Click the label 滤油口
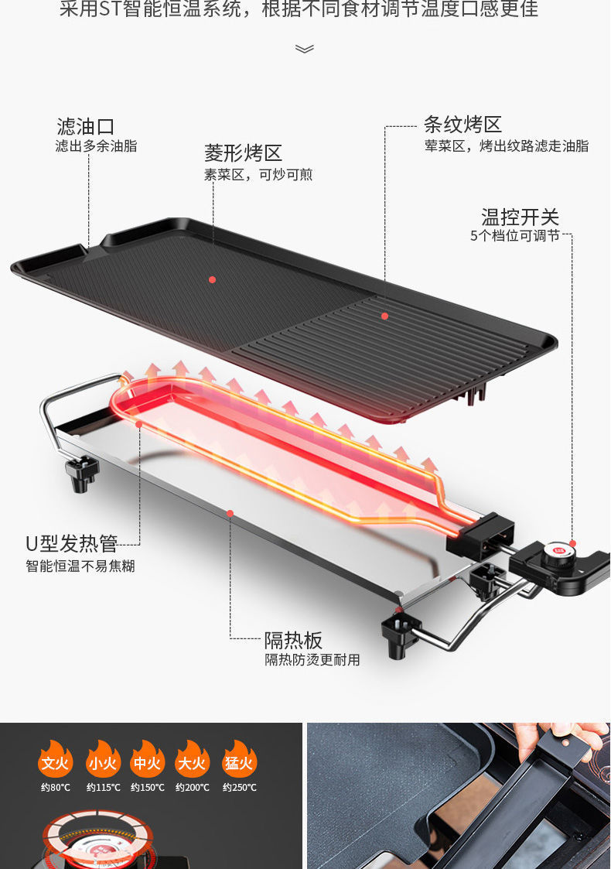pyautogui.click(x=86, y=126)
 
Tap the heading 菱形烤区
pyautogui.click(x=243, y=153)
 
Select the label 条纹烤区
pyautogui.click(x=463, y=124)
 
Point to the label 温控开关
pyautogui.click(x=520, y=217)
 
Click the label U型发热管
pyautogui.click(x=71, y=543)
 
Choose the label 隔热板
pyautogui.click(x=293, y=640)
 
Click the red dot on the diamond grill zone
pyautogui.click(x=212, y=279)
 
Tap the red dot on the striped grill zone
pyautogui.click(x=384, y=316)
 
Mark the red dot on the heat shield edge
pyautogui.click(x=230, y=512)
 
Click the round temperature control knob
pyautogui.click(x=563, y=553)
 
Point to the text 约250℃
pyautogui.click(x=239, y=788)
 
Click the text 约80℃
pyautogui.click(x=56, y=788)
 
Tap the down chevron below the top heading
pyautogui.click(x=305, y=49)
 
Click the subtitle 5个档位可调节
pyautogui.click(x=514, y=236)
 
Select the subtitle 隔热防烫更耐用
pyautogui.click(x=312, y=660)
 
